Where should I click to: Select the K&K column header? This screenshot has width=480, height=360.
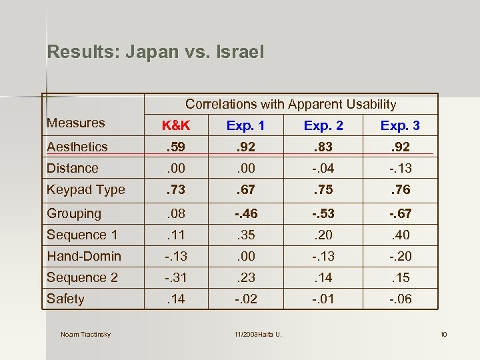pos(176,125)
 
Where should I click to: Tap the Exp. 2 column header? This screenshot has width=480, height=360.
pos(323,125)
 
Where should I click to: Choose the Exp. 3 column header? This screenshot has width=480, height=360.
pos(400,125)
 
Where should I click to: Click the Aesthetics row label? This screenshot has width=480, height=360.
pos(77,147)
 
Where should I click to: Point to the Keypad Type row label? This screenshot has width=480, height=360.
pos(86,189)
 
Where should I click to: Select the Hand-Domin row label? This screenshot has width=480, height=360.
pos(84,256)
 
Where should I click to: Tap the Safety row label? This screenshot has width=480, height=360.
pos(65,299)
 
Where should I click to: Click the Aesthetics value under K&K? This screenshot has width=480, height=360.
pos(176,147)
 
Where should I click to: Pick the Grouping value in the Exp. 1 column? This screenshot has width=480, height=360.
pos(245,213)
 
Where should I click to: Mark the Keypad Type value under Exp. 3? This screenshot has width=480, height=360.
pos(400,189)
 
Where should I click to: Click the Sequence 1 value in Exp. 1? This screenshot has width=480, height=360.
pos(245,235)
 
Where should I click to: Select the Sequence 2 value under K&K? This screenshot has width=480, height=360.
pos(176,277)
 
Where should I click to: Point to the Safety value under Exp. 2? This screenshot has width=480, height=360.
pos(323,299)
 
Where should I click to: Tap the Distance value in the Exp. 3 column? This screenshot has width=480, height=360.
pos(400,168)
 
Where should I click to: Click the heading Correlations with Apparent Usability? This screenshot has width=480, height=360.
pos(291,104)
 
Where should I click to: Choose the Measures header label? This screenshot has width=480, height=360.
pos(76,123)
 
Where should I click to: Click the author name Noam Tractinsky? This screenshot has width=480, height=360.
pos(85,334)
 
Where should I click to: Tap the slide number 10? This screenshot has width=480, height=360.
pos(443,334)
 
